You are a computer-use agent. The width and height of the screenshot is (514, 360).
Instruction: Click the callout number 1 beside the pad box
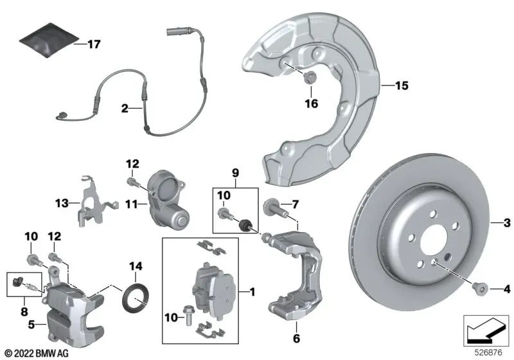[x=253, y=292]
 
